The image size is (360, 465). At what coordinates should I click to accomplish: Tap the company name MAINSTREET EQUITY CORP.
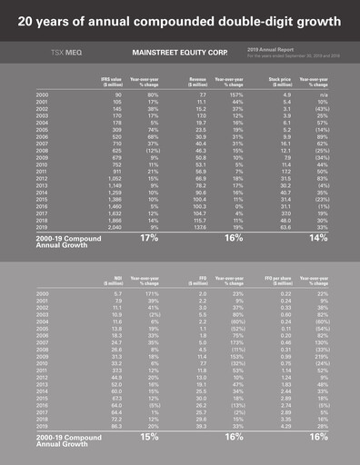coord(174,54)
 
